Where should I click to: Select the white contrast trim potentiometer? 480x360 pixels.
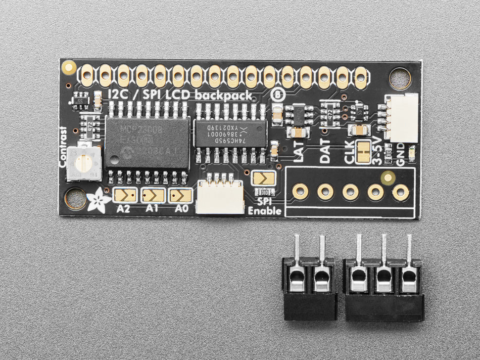coord(84,163)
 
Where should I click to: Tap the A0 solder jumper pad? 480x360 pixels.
coord(181,196)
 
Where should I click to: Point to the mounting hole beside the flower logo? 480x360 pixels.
coord(75,198)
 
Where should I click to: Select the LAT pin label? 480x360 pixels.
coord(299,151)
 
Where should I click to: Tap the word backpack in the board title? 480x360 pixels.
coord(225,95)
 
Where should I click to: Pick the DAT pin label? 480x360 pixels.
coord(325,151)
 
